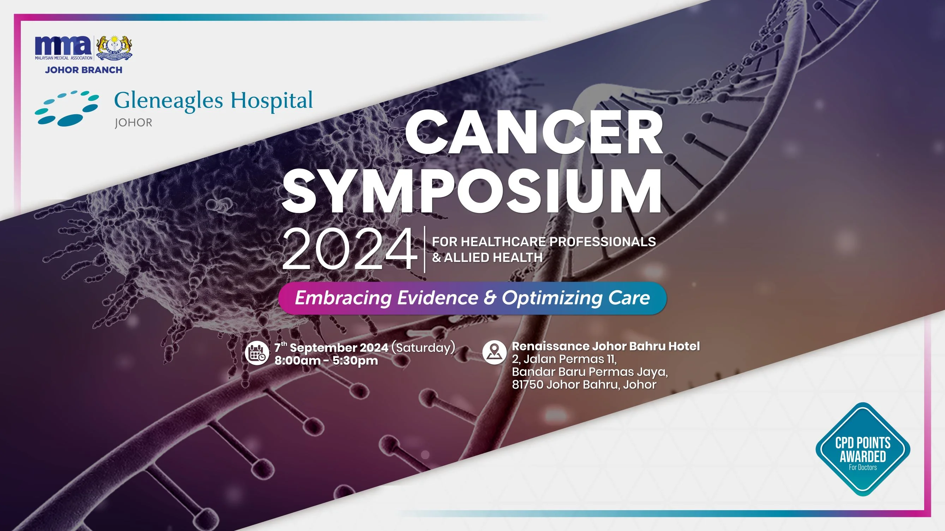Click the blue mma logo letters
[64, 45]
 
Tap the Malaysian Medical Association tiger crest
[114, 48]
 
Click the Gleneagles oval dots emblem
[67, 108]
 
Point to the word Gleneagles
[169, 101]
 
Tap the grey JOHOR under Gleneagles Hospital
[133, 122]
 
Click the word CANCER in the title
[534, 137]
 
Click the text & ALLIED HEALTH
[487, 257]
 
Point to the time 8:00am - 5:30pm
[326, 361]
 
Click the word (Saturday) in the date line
[423, 347]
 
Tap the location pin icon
[494, 352]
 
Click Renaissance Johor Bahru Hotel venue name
[606, 346]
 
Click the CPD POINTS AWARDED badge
[863, 449]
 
